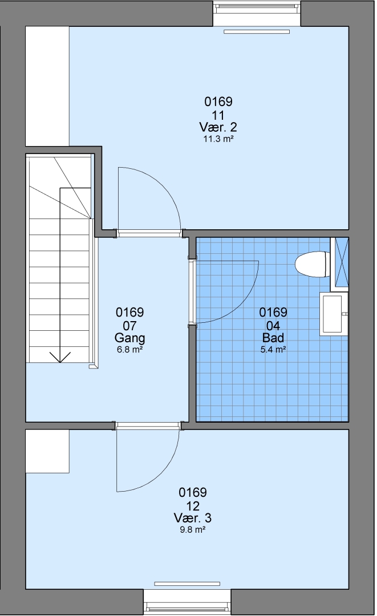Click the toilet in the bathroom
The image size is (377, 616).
[x=312, y=265]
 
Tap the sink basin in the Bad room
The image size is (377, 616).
[x=333, y=314]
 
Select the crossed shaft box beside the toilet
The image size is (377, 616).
[x=339, y=264]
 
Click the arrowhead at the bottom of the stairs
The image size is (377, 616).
[x=60, y=357]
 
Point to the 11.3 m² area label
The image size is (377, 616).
[x=218, y=139]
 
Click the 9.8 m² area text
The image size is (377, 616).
[x=192, y=529]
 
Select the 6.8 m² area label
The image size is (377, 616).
[x=129, y=349]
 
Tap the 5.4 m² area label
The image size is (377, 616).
[x=273, y=349]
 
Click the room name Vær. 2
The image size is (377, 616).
[x=218, y=127]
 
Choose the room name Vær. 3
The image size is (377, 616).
[x=192, y=518]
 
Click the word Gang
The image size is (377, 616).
[x=129, y=338]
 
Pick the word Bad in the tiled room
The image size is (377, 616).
[x=273, y=338]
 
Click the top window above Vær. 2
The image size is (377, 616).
[x=257, y=14]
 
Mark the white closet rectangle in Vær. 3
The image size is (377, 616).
[x=47, y=451]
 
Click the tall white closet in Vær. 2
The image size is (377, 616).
[x=47, y=86]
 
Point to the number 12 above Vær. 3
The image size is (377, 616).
[x=192, y=505]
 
